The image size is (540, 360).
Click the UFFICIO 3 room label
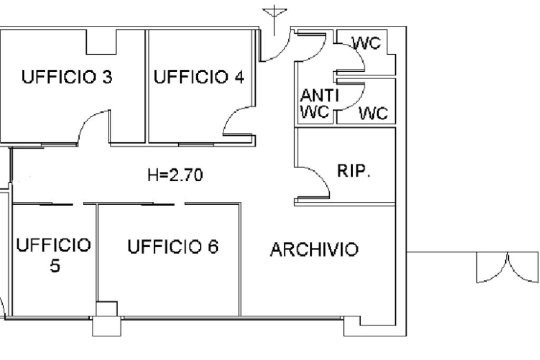tap(66, 77)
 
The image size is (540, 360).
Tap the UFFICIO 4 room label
tap(199, 77)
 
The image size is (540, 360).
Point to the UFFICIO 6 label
tap(173, 246)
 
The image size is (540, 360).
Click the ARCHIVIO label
tap(314, 249)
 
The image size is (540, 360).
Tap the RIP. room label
tap(354, 171)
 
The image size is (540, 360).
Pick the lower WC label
tap(373, 113)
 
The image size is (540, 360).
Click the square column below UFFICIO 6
tap(106, 318)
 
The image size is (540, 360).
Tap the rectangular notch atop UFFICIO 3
tap(101, 42)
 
